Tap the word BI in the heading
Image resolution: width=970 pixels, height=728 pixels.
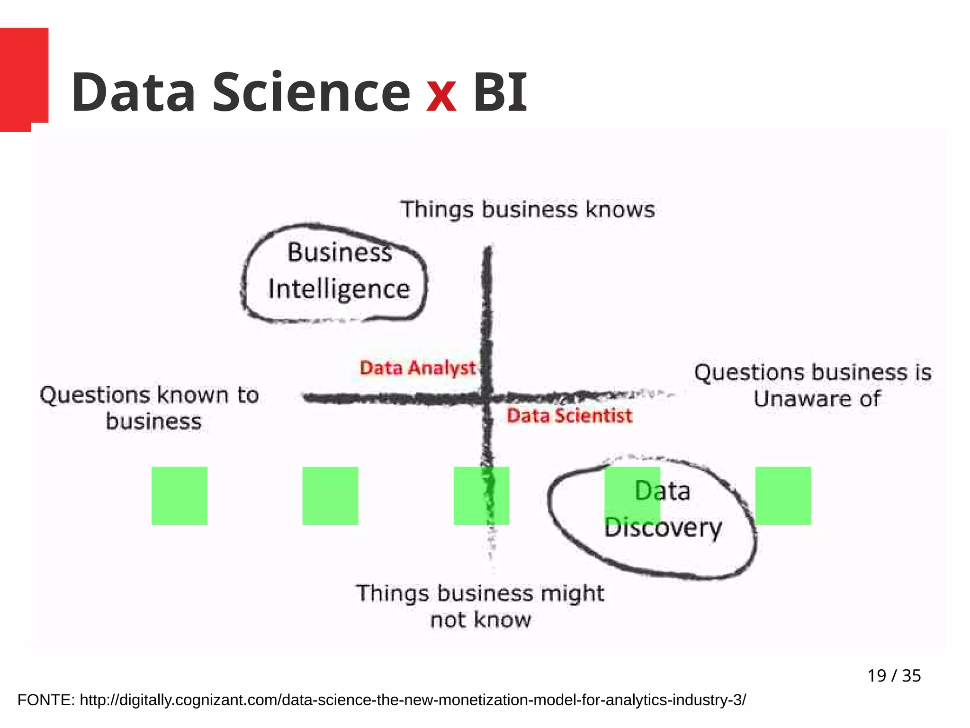(500, 92)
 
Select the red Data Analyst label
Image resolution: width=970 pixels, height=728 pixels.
(417, 368)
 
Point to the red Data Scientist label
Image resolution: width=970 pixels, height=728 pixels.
(569, 416)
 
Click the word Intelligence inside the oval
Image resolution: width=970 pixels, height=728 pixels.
(339, 289)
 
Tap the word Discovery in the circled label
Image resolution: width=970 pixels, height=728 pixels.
(663, 528)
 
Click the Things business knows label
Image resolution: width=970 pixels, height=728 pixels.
(527, 209)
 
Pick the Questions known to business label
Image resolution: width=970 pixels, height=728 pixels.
(150, 408)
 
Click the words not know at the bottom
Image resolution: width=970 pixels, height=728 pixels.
(480, 619)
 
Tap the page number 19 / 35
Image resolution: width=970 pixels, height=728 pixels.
(894, 675)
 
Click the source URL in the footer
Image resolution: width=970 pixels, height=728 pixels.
(413, 700)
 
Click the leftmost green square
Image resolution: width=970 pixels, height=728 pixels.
(179, 495)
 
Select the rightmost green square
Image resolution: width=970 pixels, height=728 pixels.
(783, 495)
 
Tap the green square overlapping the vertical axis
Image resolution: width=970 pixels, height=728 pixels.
(481, 495)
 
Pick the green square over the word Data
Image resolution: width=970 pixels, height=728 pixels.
(632, 495)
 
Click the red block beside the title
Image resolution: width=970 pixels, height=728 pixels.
(24, 76)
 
